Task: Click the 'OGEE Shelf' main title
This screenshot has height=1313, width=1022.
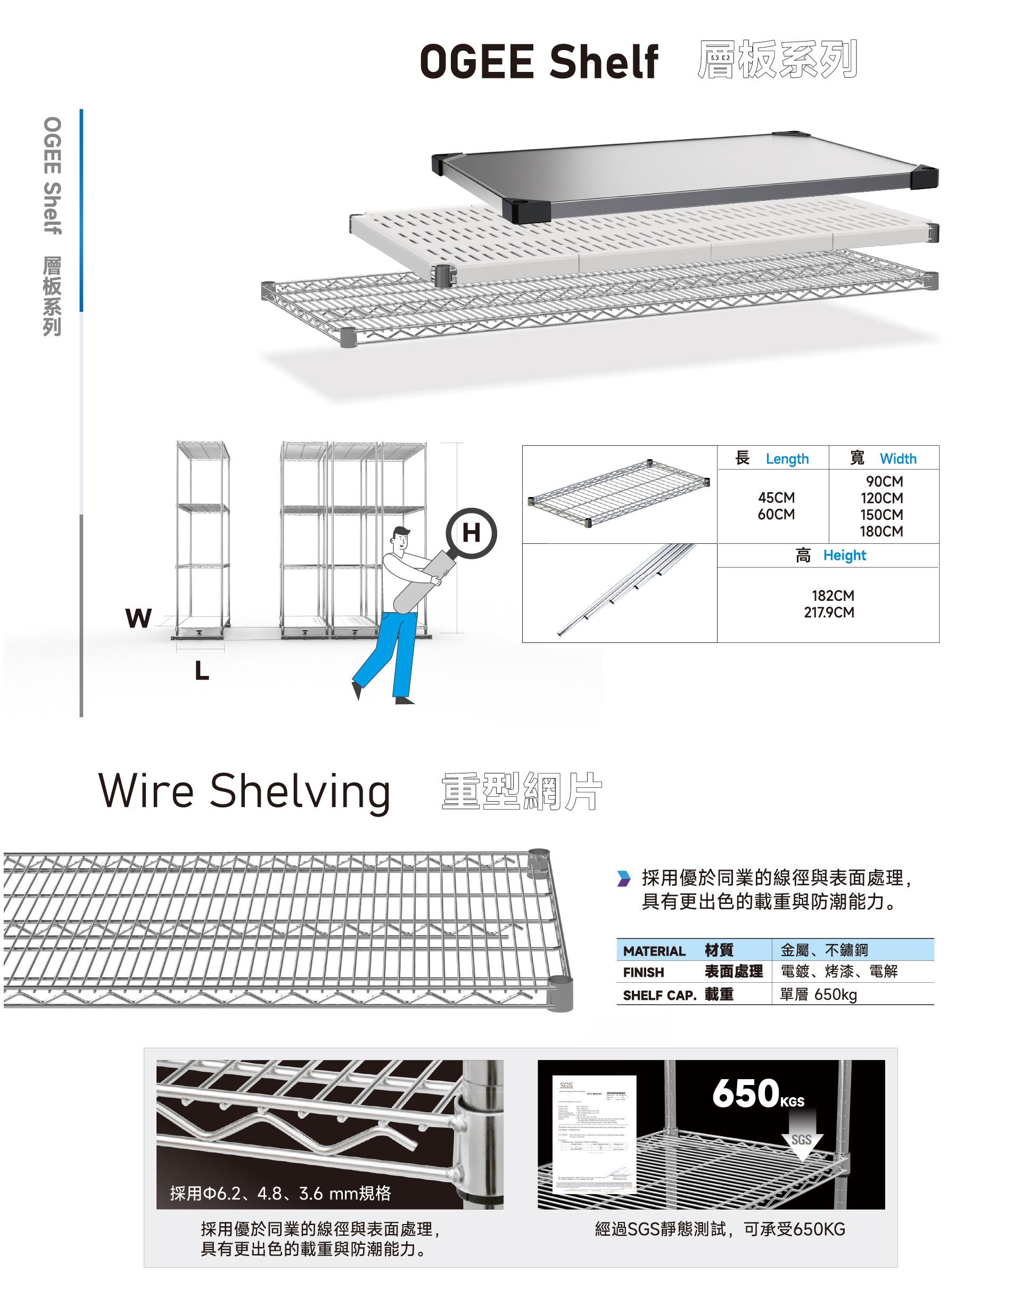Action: coord(538,62)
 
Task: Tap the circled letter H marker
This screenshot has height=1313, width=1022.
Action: coord(471,533)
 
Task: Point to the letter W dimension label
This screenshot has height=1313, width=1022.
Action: coord(138,618)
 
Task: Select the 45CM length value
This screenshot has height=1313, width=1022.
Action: coord(776,498)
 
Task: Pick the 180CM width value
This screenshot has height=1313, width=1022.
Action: coord(881,532)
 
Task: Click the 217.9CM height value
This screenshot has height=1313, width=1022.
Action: coord(829,613)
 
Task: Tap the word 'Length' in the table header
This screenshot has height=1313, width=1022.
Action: coord(787,459)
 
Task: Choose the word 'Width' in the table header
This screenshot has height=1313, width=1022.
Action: coord(897,459)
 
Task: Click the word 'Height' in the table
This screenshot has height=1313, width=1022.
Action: coord(844,556)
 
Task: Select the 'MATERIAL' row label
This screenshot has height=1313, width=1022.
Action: coord(654,951)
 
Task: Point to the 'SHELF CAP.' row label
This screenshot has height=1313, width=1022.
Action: coord(659,996)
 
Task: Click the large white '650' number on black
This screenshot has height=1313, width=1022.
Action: coord(746,1094)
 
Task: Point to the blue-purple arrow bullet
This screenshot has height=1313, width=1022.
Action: coord(624,879)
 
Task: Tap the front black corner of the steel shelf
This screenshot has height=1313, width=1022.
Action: coord(526,211)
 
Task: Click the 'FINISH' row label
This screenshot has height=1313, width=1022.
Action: coord(643,973)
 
